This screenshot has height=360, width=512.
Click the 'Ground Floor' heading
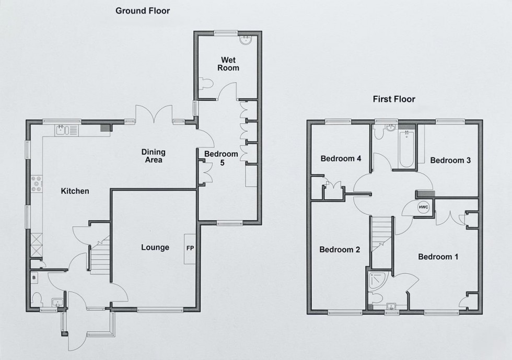[x=142, y=10]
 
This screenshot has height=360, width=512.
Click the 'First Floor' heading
[x=393, y=99]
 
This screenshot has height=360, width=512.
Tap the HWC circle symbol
[x=423, y=208]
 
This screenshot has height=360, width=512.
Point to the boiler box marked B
[x=34, y=278]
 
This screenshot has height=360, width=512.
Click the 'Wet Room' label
[x=228, y=64]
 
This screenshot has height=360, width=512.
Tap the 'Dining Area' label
[x=153, y=156]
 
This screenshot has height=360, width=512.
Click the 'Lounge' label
[x=155, y=247]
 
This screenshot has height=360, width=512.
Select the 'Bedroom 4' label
[x=341, y=158]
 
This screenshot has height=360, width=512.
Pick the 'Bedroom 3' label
[x=450, y=160]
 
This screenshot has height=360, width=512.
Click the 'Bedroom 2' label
[x=340, y=250]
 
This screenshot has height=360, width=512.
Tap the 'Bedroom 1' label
[x=438, y=257]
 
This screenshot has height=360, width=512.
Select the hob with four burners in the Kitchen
[x=38, y=183]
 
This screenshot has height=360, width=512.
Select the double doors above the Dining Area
[x=154, y=114]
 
